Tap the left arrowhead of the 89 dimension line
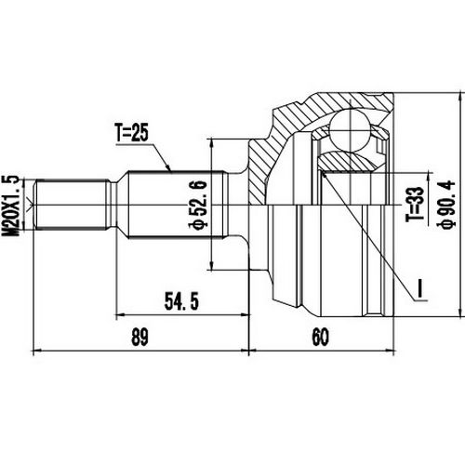tap(36, 352)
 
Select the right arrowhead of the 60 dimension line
tap(394, 352)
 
